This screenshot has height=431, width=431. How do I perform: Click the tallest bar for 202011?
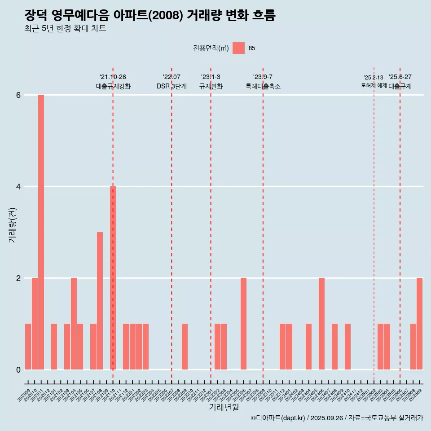[41, 232]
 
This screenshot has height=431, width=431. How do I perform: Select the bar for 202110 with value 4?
[113, 278]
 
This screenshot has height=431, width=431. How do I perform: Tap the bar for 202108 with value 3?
[100, 301]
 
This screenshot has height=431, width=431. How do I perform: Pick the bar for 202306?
[243, 324]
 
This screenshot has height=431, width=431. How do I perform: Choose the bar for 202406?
[321, 324]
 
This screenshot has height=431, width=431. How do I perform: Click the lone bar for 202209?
[185, 347]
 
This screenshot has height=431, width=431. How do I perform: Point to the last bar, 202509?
[419, 324]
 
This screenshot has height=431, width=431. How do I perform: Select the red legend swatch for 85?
[238, 48]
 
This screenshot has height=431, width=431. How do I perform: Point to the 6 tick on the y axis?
[18, 95]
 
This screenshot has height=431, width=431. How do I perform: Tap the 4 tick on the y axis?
[18, 187]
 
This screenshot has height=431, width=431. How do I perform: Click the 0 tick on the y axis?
[18, 370]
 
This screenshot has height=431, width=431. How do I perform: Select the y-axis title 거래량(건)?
[12, 224]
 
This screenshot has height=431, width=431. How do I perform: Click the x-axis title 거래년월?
[224, 407]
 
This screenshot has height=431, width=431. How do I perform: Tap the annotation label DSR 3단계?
[172, 86]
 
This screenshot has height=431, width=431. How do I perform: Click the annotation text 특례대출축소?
[263, 86]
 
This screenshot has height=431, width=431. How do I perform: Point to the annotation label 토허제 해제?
[374, 85]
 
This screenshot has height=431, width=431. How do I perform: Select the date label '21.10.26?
[113, 77]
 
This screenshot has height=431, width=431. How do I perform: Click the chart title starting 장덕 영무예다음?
[150, 16]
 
